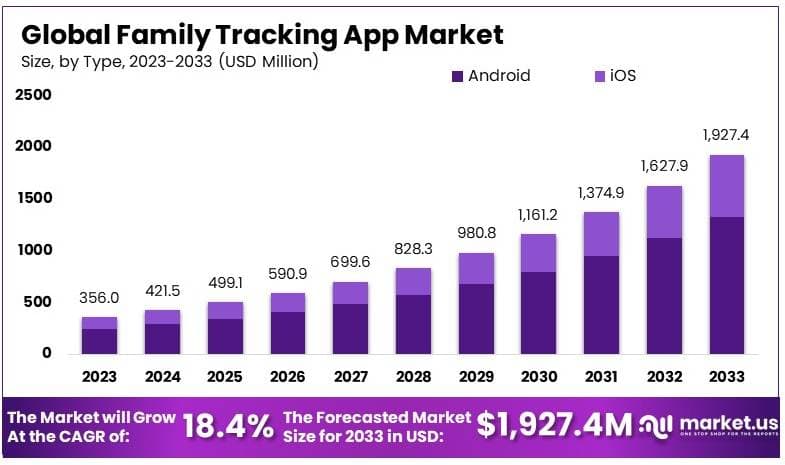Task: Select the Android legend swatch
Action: (x=458, y=76)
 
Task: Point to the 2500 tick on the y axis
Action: (x=33, y=95)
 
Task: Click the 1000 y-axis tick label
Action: (x=33, y=250)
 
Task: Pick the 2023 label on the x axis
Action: (x=99, y=377)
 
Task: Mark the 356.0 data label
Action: (x=99, y=298)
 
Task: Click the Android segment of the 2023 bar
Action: (x=99, y=341)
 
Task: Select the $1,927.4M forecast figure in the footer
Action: (x=555, y=426)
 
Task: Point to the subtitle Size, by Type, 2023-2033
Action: (x=169, y=62)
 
